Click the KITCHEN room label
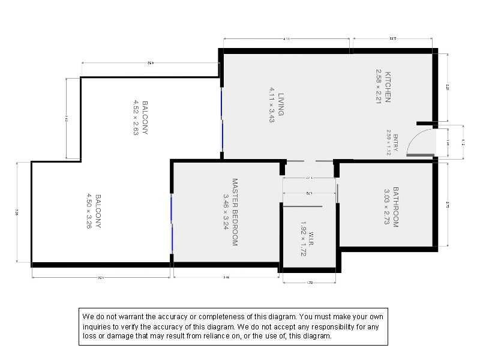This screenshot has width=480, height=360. coord(388,87)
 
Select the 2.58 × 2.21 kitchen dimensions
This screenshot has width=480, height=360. coord(379,87)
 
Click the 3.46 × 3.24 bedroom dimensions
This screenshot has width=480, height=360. coord(226,211)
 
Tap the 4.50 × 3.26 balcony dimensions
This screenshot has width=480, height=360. coord(89,211)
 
